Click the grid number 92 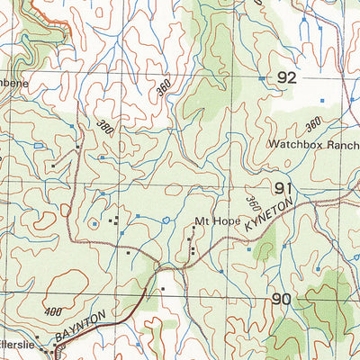click(x=286, y=78)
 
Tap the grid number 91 click(x=284, y=188)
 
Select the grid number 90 click(x=281, y=299)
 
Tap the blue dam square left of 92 click(x=261, y=78)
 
